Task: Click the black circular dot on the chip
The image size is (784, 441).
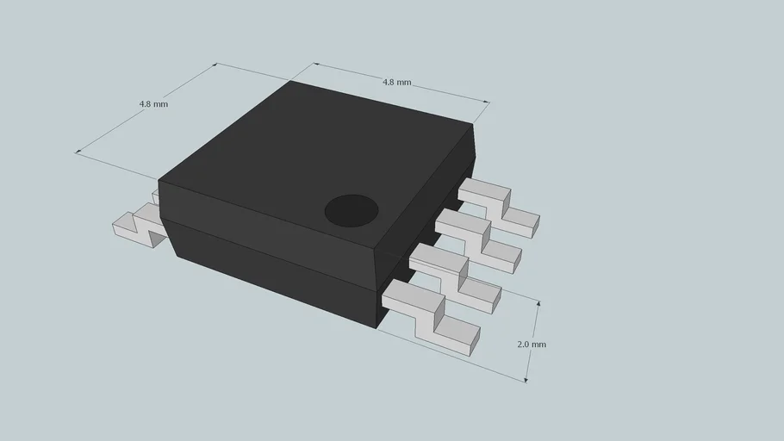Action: (x=352, y=210)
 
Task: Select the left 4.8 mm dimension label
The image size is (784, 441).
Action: (x=153, y=103)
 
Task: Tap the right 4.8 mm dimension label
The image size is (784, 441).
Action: (x=396, y=82)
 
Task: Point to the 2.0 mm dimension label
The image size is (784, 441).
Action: (x=532, y=344)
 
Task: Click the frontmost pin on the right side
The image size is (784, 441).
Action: (x=431, y=315)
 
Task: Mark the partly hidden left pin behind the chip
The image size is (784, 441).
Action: (x=156, y=196)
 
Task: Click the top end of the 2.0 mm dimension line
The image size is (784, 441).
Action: (x=538, y=301)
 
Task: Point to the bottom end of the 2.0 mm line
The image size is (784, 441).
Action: (x=526, y=381)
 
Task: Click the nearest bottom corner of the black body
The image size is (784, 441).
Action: (x=377, y=327)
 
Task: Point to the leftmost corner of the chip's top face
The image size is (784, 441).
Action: (x=159, y=183)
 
